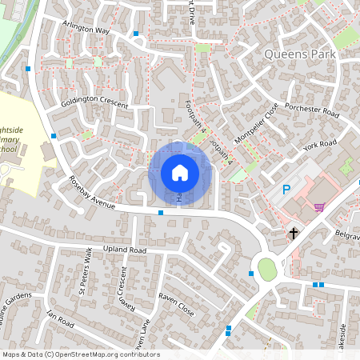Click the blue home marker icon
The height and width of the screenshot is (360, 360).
179,173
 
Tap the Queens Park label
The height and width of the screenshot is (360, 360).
301,54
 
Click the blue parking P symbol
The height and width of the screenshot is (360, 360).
286,191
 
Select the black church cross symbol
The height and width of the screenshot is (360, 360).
294,234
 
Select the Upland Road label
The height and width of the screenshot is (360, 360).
126,250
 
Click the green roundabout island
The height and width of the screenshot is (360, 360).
267,270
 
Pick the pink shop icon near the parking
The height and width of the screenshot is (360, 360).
319,207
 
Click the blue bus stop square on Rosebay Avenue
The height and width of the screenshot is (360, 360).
161,213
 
